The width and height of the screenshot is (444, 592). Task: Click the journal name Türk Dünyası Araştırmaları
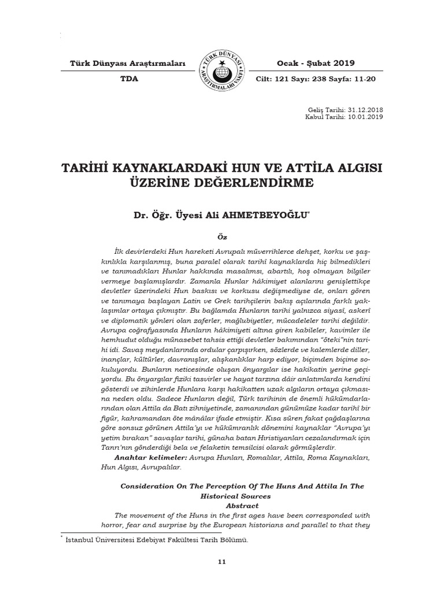point(127,63)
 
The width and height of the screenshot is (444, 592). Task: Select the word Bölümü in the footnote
point(236,541)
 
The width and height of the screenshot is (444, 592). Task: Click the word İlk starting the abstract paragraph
point(120,251)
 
